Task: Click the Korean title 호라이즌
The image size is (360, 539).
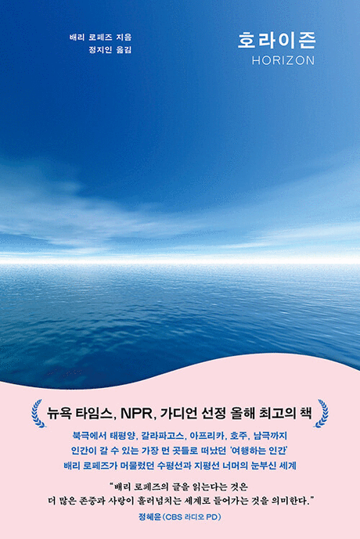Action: tap(276, 41)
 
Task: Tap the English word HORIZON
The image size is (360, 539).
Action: tap(283, 60)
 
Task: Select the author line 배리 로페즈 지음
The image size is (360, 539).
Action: tap(101, 37)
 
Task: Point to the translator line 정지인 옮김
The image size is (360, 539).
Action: tap(110, 50)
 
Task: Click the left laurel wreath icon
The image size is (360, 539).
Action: tap(38, 413)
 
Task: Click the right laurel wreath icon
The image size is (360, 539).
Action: tap(321, 413)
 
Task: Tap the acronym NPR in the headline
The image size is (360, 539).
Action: tap(136, 414)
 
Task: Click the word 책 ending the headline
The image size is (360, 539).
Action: tap(306, 413)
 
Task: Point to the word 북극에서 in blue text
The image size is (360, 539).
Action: tap(88, 436)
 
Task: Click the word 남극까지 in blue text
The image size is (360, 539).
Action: tap(270, 436)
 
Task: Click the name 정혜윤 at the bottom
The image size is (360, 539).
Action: tap(149, 516)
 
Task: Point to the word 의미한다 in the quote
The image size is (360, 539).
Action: tap(289, 501)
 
